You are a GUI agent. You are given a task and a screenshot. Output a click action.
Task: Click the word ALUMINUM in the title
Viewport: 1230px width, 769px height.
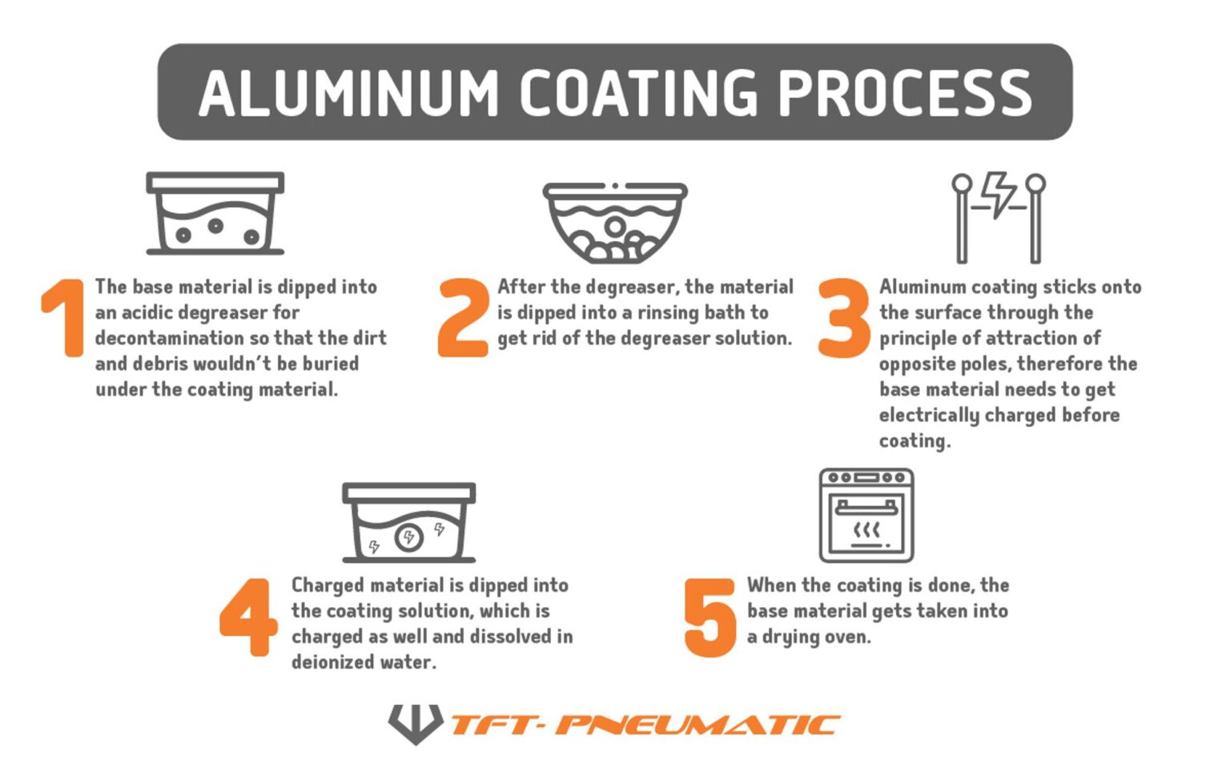pyautogui.click(x=348, y=93)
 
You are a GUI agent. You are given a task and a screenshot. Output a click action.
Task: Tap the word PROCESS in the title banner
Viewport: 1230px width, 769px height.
pyautogui.click(x=905, y=93)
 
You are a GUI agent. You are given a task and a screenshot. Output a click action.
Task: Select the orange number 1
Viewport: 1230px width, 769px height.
pyautogui.click(x=64, y=317)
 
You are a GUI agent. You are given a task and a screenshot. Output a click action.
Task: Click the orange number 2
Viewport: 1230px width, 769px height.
pyautogui.click(x=463, y=317)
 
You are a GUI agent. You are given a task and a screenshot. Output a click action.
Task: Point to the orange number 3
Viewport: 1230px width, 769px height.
pyautogui.click(x=843, y=317)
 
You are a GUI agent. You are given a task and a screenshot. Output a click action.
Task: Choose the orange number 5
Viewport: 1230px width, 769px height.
pyautogui.click(x=709, y=617)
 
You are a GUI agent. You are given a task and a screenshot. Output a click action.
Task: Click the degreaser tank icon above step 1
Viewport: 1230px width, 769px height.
pyautogui.click(x=215, y=213)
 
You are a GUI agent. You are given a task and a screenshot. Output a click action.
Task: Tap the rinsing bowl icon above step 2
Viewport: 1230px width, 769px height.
pyautogui.click(x=615, y=223)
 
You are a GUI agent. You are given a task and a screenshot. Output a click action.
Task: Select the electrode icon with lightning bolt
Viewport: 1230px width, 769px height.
pyautogui.click(x=999, y=217)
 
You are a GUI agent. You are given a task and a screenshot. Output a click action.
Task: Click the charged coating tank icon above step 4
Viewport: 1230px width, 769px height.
pyautogui.click(x=408, y=522)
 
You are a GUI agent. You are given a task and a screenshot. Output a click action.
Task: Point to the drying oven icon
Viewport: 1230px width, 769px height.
pyautogui.click(x=866, y=515)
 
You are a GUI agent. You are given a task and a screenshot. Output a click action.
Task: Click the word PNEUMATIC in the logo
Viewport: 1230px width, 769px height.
pyautogui.click(x=697, y=725)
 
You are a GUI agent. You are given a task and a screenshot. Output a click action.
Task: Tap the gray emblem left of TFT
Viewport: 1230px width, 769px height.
pyautogui.click(x=415, y=723)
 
